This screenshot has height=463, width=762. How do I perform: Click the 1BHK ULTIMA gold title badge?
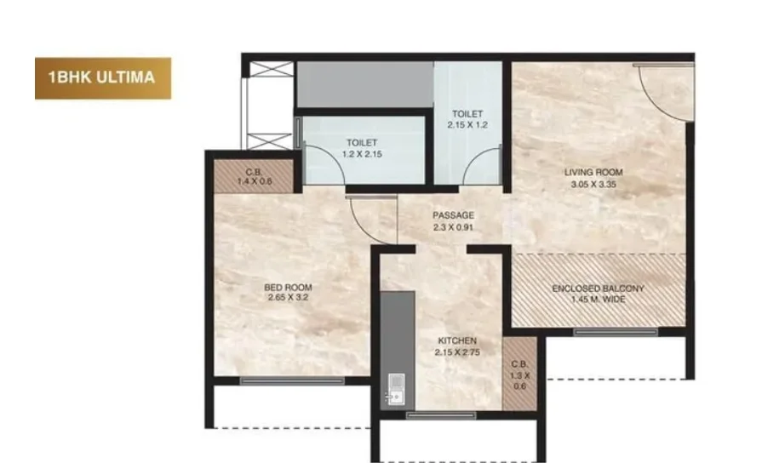[x=103, y=78]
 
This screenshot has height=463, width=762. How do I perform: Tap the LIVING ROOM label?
[x=593, y=172]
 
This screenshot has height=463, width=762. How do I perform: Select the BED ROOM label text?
[x=288, y=288]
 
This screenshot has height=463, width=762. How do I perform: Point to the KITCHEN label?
[x=457, y=340]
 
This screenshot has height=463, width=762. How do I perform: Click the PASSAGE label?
[x=454, y=215]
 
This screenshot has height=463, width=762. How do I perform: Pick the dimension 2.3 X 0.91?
[x=454, y=227]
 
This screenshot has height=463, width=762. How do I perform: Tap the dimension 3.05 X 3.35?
[x=593, y=184]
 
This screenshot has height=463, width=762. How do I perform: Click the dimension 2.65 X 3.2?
[x=288, y=297]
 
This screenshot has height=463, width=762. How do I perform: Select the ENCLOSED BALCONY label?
[x=599, y=289]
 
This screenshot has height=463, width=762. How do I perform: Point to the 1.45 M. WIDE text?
[x=599, y=300]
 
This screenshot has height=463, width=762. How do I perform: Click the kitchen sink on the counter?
[x=396, y=389]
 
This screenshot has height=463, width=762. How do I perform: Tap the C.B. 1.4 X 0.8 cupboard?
[x=254, y=176]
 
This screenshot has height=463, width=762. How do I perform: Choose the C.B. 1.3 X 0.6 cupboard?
[x=519, y=374]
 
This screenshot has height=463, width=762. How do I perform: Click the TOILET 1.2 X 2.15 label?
[x=362, y=148]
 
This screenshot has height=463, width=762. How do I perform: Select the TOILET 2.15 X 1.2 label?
[x=467, y=119]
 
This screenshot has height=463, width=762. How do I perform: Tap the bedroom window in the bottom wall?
[x=293, y=381]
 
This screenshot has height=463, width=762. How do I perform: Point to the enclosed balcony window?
[x=616, y=332]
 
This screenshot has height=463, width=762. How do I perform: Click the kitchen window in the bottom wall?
[x=441, y=414]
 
